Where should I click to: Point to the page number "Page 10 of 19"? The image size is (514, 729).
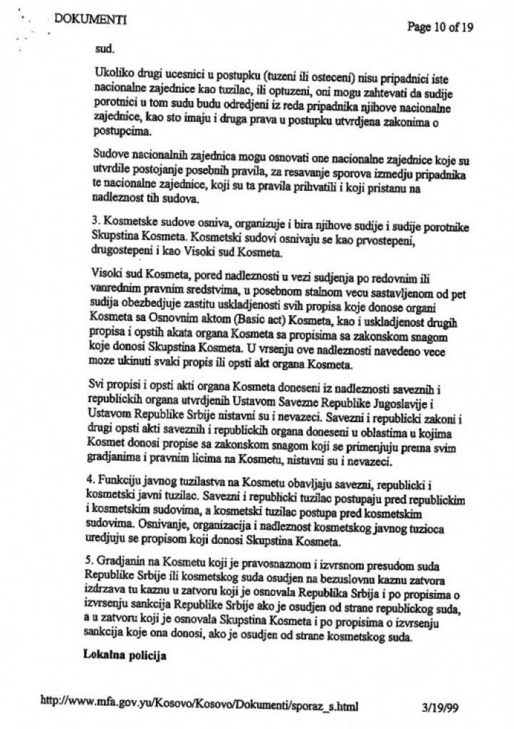click(441, 27)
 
